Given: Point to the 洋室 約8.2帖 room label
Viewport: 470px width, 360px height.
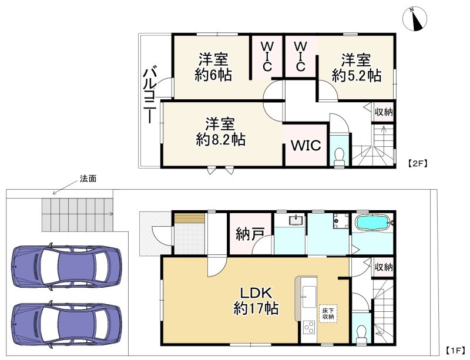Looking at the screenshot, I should pos(220,132).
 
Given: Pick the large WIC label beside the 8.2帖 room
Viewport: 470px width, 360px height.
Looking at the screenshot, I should pos(305,145).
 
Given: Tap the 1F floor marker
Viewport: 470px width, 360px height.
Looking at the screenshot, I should pos(455,351).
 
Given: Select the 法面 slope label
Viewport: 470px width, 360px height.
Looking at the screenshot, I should pos(88,179).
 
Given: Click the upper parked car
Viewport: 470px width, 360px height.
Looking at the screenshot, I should pos(66,266).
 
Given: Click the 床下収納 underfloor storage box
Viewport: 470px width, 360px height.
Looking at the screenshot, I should pos(327,312).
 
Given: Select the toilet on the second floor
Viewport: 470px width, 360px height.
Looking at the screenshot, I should pos(339,154).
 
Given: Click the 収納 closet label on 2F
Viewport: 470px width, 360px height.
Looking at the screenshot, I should pos(384,112).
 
